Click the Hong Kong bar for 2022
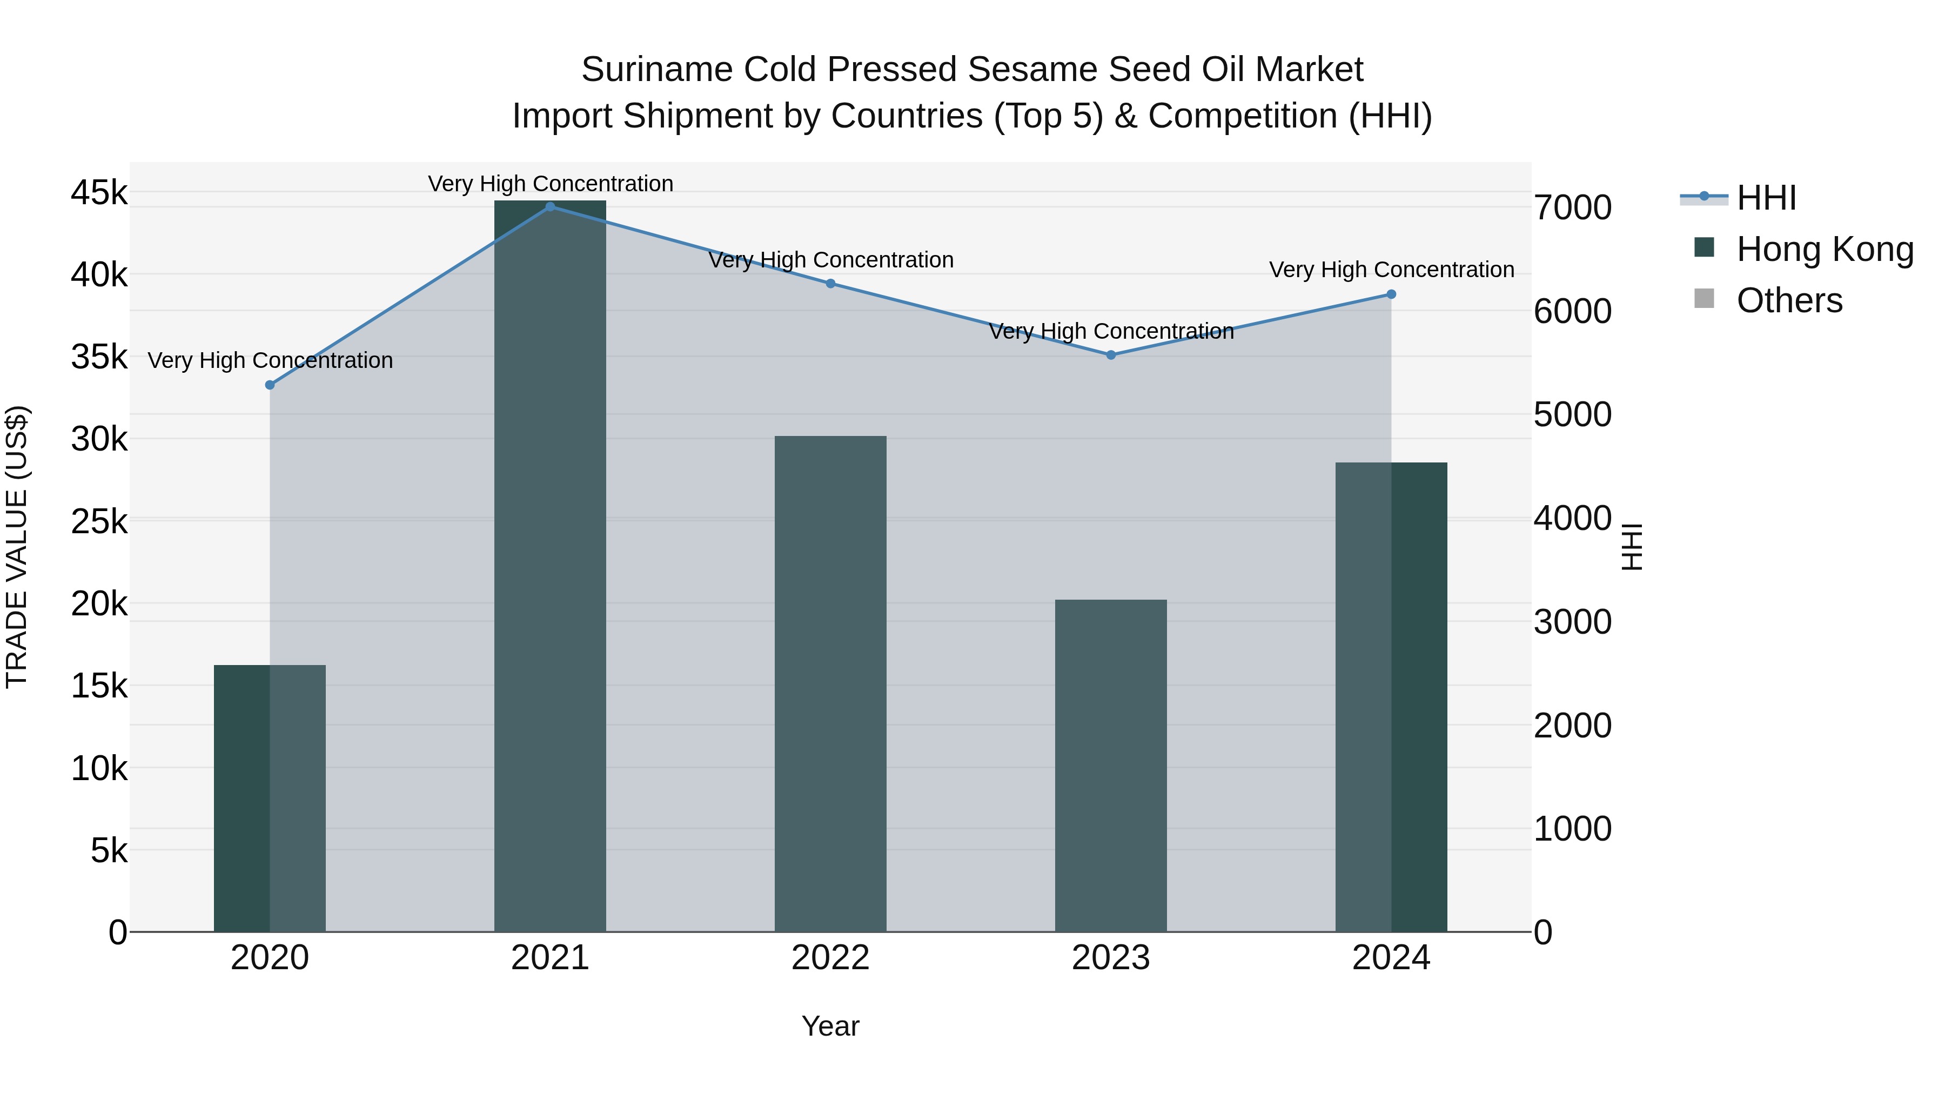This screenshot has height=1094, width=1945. [830, 683]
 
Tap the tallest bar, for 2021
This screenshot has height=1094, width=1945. [549, 566]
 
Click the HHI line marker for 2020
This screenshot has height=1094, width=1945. [270, 385]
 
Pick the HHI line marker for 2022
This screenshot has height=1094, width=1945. [830, 284]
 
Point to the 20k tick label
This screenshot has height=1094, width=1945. [99, 604]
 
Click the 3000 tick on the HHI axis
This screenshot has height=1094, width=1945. [1572, 623]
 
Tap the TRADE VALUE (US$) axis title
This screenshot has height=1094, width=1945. [17, 547]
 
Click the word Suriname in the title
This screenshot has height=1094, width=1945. [657, 70]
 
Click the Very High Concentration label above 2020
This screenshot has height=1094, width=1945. [270, 361]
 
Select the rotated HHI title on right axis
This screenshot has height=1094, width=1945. [1632, 547]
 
